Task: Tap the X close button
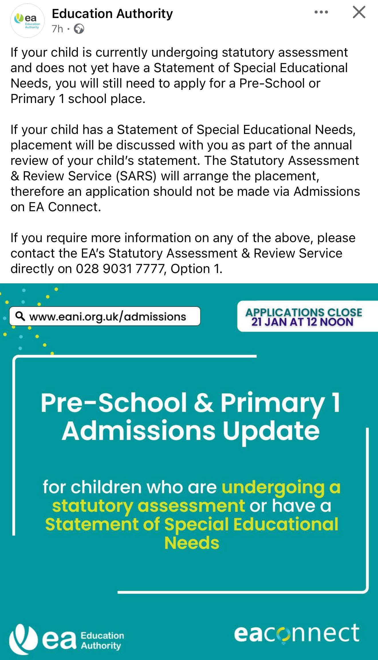[x=359, y=12]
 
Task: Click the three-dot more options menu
[x=321, y=12]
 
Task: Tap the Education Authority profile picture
[x=27, y=21]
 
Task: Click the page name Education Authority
[x=112, y=14]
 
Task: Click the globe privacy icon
[x=79, y=29]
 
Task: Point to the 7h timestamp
[x=57, y=29]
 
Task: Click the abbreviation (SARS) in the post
[x=136, y=176]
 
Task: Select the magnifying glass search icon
[x=20, y=316]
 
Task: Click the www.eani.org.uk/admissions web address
[x=108, y=317]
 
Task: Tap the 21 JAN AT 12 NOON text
[x=302, y=322]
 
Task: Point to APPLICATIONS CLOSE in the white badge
[x=304, y=312]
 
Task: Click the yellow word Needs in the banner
[x=192, y=543]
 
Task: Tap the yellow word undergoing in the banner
[x=273, y=487]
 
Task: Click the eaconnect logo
[x=297, y=634]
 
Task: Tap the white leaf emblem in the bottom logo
[x=23, y=639]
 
